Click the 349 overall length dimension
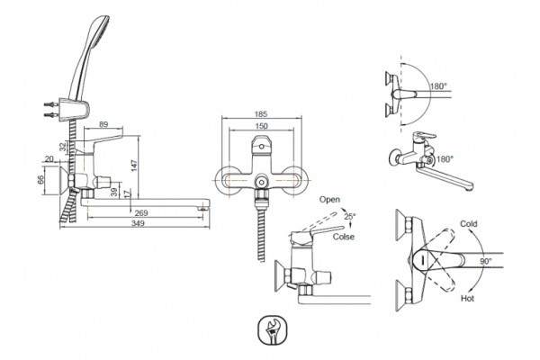coord(138,223)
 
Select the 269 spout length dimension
coord(141,213)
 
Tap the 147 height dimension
coord(134,166)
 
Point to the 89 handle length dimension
coord(103,124)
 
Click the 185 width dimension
coord(261,114)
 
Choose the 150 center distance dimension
coord(261,126)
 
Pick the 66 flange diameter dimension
coord(40,180)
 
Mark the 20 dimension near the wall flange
coord(49,158)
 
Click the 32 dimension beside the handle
coord(63,147)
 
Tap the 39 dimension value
coord(114,193)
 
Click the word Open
coord(329,200)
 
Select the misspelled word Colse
coord(344,237)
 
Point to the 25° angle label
coord(350,216)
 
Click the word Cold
coord(469,224)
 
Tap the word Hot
coord(467,298)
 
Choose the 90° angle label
coord(486,262)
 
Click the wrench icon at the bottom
coord(273,329)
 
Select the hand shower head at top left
coord(88,57)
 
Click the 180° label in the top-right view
coord(438,86)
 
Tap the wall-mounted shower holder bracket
coord(75,110)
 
